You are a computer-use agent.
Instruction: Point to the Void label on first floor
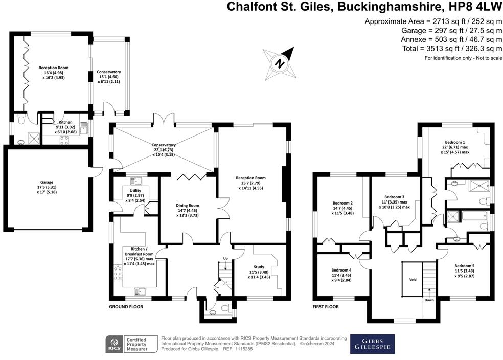click(413, 280)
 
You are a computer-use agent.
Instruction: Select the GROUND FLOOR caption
click(126, 307)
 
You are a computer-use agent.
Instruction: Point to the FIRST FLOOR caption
click(326, 307)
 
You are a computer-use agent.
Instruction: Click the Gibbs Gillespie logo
click(372, 344)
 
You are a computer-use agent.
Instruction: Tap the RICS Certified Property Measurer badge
click(131, 344)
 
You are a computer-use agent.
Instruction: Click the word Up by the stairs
click(225, 258)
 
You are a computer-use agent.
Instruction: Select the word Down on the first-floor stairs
click(429, 300)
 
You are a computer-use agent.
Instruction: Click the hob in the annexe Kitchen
click(64, 140)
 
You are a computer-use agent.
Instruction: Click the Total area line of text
click(452, 49)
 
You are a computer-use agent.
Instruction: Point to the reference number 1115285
click(244, 349)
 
